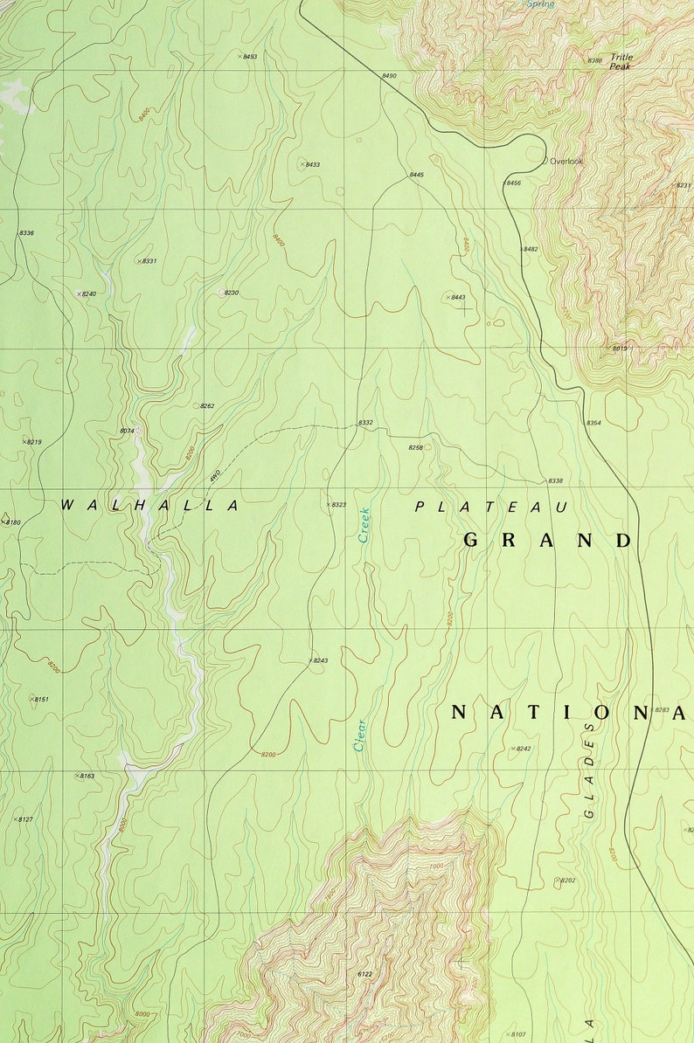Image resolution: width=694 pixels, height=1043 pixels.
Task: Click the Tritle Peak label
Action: tap(621, 61)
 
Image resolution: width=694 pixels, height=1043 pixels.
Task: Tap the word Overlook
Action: tap(566, 162)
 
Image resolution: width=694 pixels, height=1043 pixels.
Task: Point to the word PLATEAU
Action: tap(491, 507)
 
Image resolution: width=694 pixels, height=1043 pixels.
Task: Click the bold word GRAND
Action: tap(547, 540)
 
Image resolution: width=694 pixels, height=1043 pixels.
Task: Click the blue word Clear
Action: tap(359, 735)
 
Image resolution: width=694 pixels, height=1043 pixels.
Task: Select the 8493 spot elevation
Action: tap(249, 56)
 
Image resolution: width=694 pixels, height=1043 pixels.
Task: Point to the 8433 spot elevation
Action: tap(311, 164)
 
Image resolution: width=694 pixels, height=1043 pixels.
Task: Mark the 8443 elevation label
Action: tap(457, 297)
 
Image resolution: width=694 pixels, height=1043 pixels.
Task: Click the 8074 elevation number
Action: tap(127, 431)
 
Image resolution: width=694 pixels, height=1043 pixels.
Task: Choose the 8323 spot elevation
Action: tap(337, 505)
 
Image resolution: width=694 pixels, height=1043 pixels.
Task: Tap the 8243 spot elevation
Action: tap(319, 660)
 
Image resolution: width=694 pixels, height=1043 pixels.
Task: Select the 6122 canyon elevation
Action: tap(365, 973)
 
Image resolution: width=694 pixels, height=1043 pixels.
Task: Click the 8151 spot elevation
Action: tap(41, 699)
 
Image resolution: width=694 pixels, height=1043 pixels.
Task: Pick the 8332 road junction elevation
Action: tap(365, 423)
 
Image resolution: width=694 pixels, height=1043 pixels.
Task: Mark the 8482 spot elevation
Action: tap(530, 249)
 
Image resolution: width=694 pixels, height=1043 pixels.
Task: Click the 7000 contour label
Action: tap(436, 866)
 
